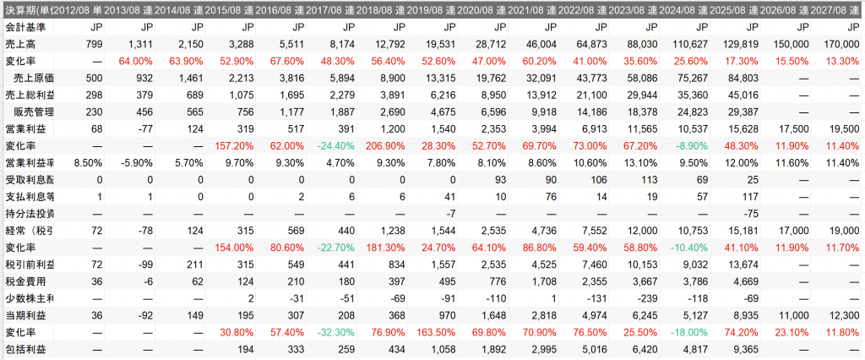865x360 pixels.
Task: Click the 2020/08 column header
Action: point(475,8)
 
